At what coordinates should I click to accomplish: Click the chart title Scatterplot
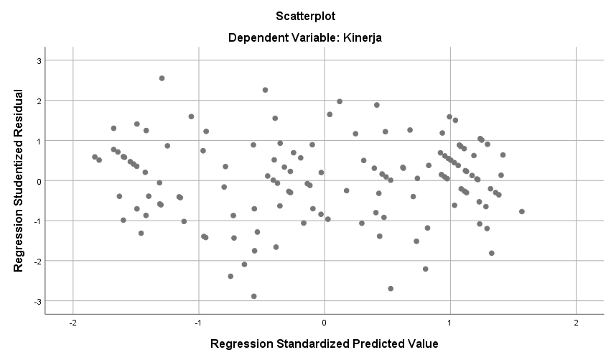305,15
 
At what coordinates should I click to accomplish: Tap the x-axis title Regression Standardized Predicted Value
324,343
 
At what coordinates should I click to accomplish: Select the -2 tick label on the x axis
73,323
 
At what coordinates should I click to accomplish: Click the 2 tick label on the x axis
576,323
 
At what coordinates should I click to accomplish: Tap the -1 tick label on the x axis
198,323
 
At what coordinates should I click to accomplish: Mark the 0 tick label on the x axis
325,323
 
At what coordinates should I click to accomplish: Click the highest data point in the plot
162,78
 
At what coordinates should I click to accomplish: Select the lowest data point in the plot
254,296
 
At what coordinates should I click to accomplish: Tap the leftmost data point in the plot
95,157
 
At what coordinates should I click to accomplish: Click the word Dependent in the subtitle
258,38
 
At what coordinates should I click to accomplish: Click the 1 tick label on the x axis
450,323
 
